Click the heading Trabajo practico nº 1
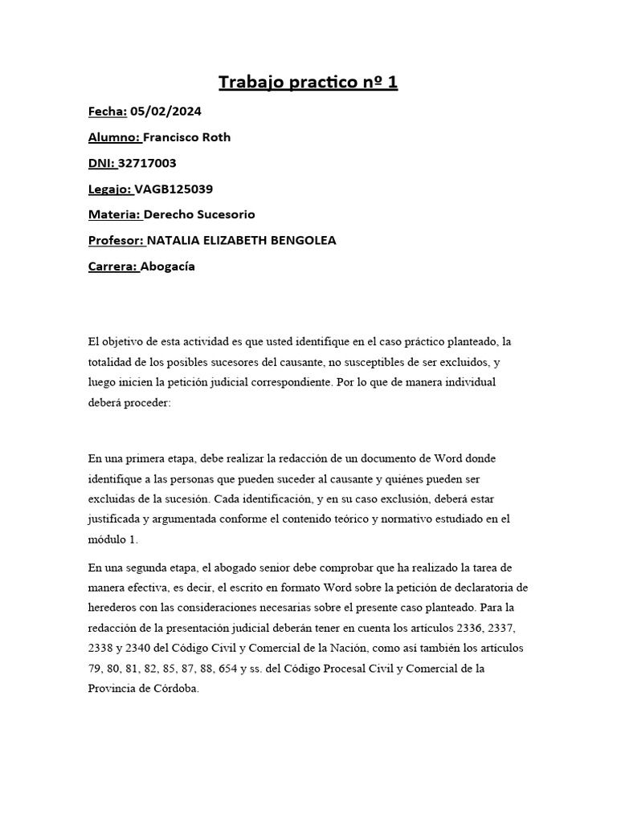point(308,82)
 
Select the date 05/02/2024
point(158,111)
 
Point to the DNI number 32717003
point(148,163)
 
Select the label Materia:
point(114,214)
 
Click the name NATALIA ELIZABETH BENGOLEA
point(242,240)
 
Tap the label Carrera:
point(113,267)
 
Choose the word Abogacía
point(169,267)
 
